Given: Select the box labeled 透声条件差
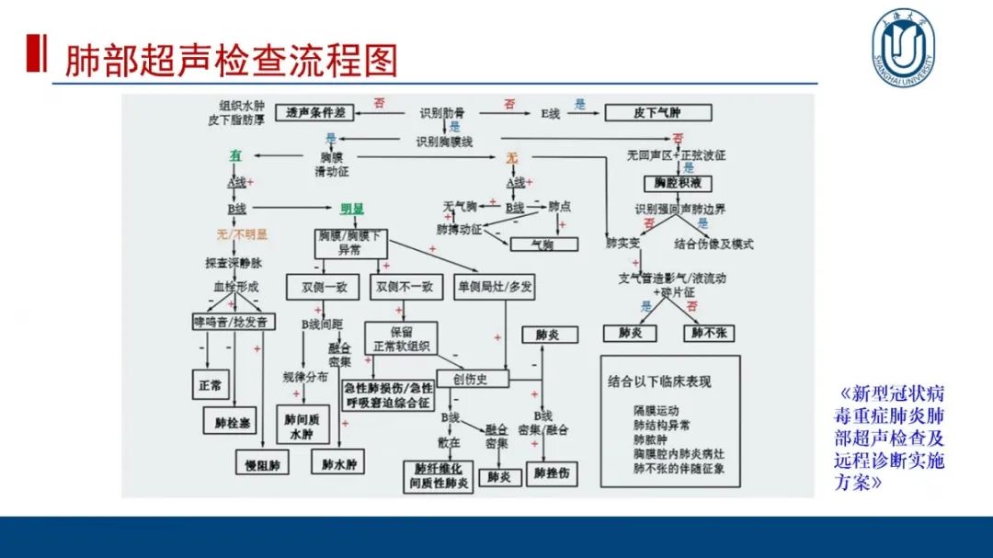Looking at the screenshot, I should click(315, 113).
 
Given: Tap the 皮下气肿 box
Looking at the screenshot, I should click(657, 113).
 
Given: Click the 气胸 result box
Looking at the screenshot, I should click(543, 245).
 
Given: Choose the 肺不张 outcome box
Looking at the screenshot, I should click(709, 333).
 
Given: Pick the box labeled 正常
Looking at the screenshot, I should click(211, 385).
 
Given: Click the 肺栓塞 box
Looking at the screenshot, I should click(233, 423).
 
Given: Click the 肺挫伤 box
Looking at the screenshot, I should click(552, 474).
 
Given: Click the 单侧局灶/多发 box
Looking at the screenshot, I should click(496, 286).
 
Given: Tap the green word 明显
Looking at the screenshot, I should click(353, 209).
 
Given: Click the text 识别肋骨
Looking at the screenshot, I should click(443, 113).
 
